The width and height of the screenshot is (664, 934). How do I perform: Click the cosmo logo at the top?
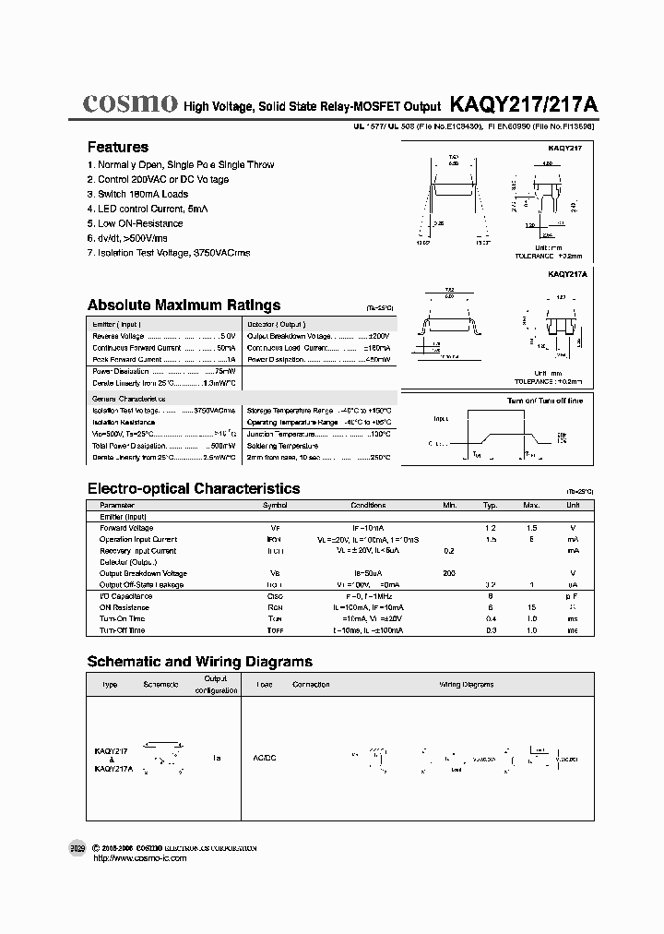[130, 103]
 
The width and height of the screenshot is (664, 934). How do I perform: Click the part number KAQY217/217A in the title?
[524, 105]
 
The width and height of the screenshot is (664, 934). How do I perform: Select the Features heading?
[118, 147]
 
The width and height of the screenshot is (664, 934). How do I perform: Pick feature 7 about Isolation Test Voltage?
[169, 253]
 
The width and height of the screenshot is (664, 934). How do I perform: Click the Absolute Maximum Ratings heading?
[184, 305]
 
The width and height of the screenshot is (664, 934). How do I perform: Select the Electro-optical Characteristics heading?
[193, 488]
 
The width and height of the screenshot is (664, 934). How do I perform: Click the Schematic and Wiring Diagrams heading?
[199, 662]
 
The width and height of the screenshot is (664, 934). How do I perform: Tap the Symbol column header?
[275, 506]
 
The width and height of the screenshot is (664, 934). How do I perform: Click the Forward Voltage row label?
[126, 528]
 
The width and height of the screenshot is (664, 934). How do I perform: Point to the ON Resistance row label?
[125, 607]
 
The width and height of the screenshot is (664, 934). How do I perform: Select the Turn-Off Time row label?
[123, 630]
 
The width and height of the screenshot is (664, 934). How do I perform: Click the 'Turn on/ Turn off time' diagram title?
[545, 401]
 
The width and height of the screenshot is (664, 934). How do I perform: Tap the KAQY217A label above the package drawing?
[567, 274]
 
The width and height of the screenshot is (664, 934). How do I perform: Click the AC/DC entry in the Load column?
[266, 757]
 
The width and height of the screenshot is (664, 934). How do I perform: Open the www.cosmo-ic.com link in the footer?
[136, 858]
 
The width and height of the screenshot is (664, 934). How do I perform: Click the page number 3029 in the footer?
[77, 848]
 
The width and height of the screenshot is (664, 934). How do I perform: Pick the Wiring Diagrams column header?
[466, 685]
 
